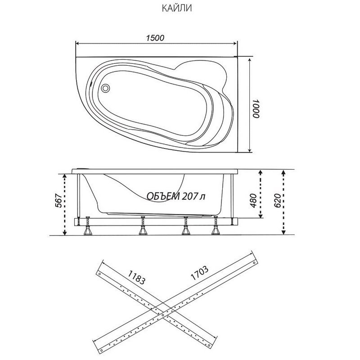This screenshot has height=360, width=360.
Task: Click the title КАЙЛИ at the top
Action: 177,9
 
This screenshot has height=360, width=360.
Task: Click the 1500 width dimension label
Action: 155,38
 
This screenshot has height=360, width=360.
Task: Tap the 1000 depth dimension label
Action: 256,108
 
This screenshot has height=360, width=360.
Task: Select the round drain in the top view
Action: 106,88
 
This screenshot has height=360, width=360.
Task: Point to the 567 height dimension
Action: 59,201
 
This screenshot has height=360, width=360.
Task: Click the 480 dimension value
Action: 253,201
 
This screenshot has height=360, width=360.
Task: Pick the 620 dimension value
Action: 277,201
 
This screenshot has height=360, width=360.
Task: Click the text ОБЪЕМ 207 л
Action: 176,196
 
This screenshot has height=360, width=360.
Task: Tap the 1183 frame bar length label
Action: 136,277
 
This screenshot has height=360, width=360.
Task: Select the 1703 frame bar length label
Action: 199,273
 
